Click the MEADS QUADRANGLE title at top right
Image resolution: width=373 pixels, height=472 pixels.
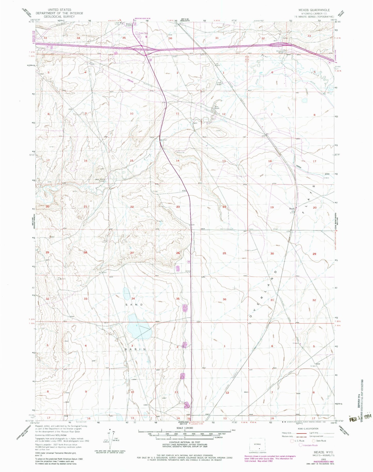[314, 10]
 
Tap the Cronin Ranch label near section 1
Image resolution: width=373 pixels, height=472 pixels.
[219, 84]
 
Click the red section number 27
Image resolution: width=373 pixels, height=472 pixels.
[132, 253]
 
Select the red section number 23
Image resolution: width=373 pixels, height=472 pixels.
[178, 207]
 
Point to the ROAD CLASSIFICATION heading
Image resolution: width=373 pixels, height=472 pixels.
[306, 429]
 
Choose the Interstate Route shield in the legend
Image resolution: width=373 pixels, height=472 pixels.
[301, 445]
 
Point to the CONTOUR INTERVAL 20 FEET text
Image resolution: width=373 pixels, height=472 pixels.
[185, 443]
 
